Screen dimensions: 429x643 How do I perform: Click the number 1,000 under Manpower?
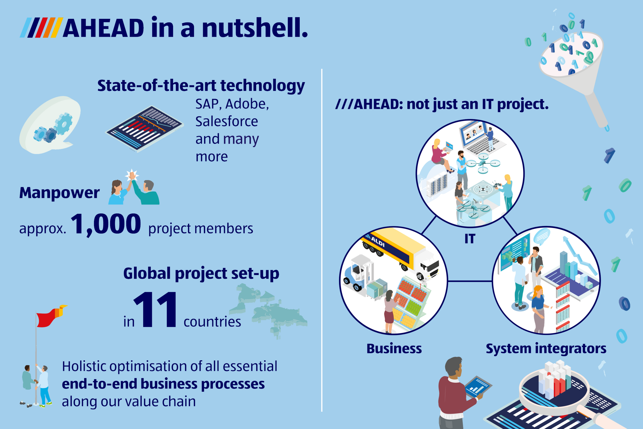tap(106, 224)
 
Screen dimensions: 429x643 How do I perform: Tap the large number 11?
tap(155, 310)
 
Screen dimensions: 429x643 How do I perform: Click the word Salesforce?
tap(226, 121)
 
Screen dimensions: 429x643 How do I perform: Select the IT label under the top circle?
tap(470, 239)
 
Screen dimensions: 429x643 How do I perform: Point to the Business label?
tap(394, 349)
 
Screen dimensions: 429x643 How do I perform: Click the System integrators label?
tap(546, 349)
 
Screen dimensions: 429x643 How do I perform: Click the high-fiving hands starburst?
tap(132, 175)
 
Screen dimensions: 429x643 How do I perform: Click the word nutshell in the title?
tap(254, 28)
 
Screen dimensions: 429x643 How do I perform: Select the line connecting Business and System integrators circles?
tap(470, 281)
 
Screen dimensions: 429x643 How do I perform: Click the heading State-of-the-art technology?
tap(201, 86)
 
